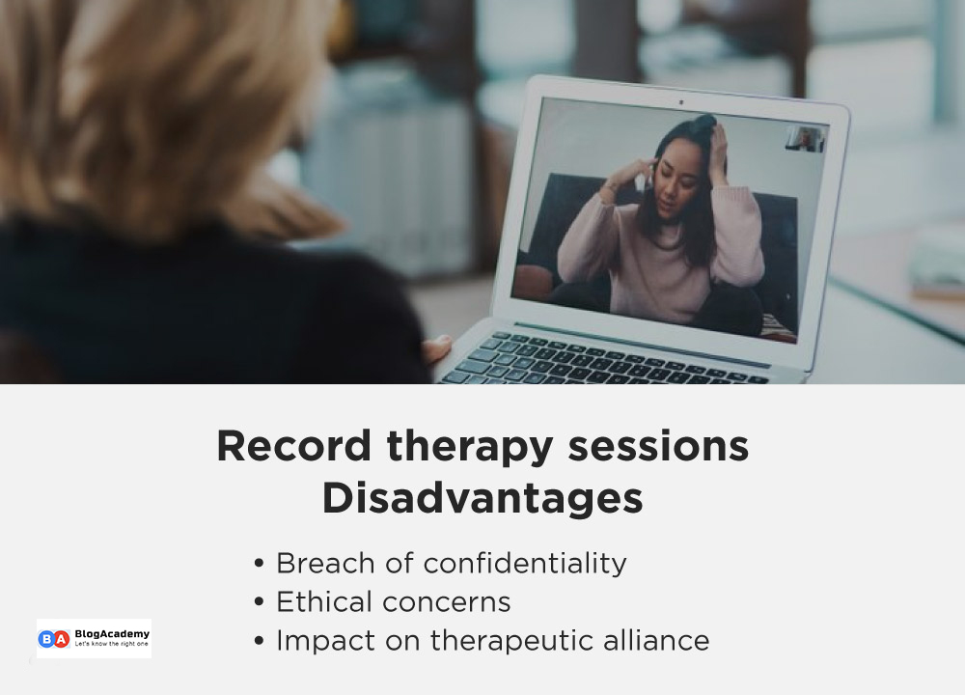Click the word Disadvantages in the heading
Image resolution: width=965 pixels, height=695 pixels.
click(482, 499)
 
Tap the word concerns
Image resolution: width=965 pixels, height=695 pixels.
click(445, 602)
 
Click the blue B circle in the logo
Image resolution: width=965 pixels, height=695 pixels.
click(45, 638)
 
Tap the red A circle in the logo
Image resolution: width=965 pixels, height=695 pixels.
click(61, 638)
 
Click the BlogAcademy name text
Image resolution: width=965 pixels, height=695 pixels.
click(112, 633)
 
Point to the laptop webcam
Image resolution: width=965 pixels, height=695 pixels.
click(680, 101)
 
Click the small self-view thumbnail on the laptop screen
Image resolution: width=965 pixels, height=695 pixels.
click(805, 139)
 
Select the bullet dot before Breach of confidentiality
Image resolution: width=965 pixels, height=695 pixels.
click(259, 564)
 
